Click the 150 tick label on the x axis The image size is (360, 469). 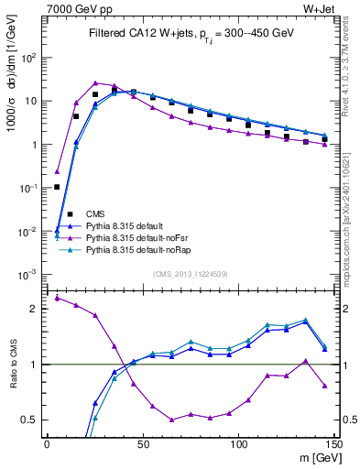(334, 444)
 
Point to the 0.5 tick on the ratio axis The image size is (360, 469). (30, 420)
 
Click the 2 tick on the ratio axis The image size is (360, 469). (34, 309)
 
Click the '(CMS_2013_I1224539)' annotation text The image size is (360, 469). (192, 272)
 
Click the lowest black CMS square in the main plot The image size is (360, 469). (57, 187)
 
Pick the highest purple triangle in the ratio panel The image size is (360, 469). (57, 297)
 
